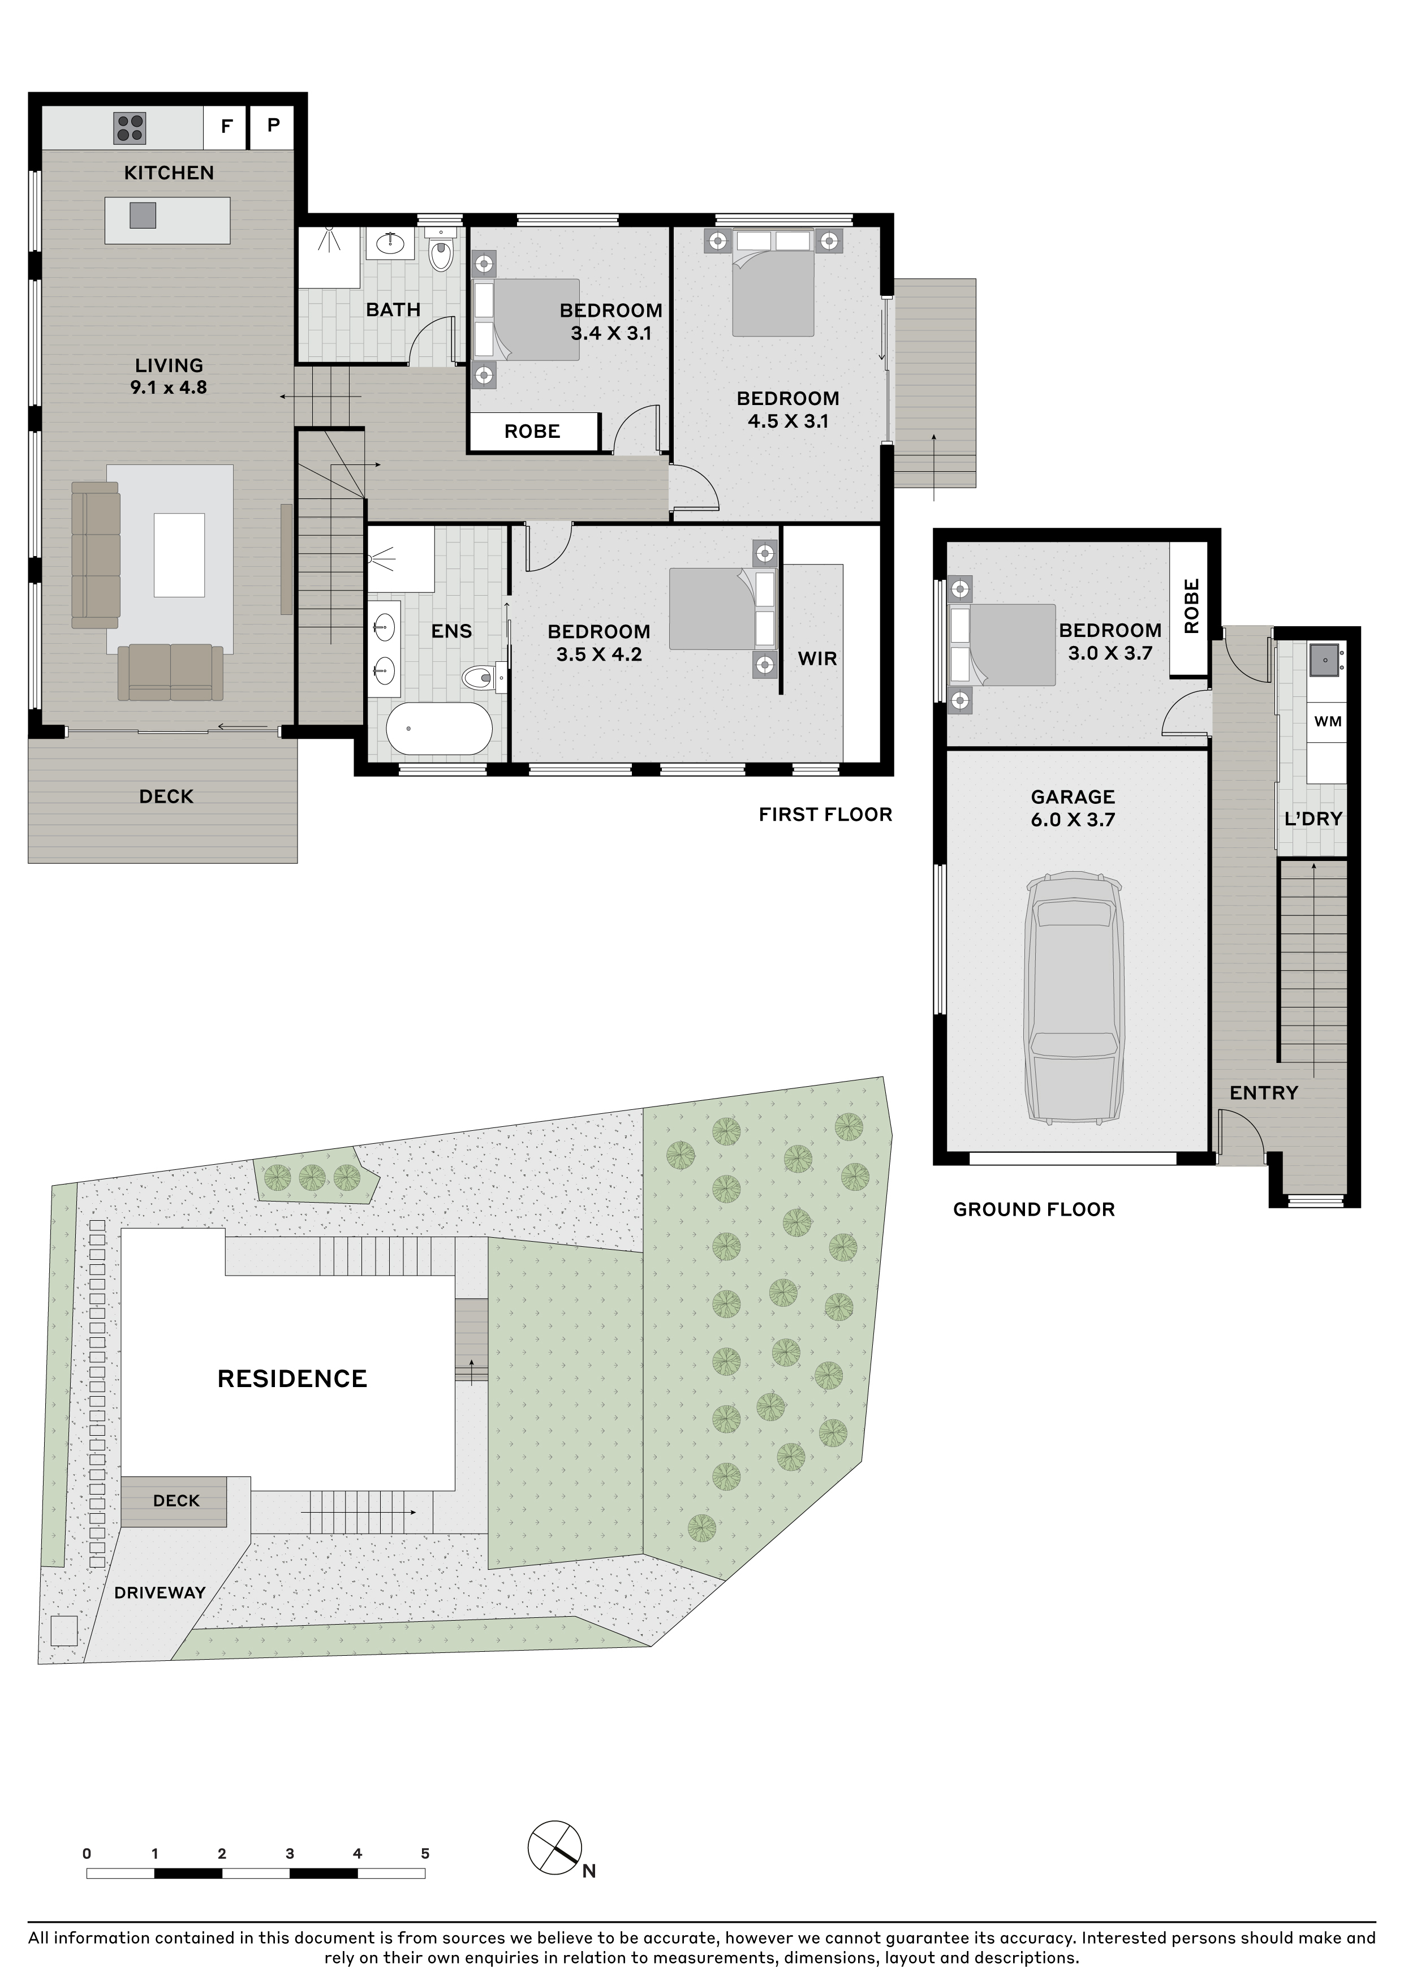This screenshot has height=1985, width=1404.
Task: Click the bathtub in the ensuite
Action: click(x=438, y=728)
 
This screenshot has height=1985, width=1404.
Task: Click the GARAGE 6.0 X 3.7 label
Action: click(x=1073, y=807)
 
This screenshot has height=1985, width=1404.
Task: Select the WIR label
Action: click(x=817, y=659)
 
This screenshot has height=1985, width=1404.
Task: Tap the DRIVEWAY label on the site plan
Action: click(x=160, y=1592)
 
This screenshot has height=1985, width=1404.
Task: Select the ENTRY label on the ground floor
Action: click(x=1264, y=1093)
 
